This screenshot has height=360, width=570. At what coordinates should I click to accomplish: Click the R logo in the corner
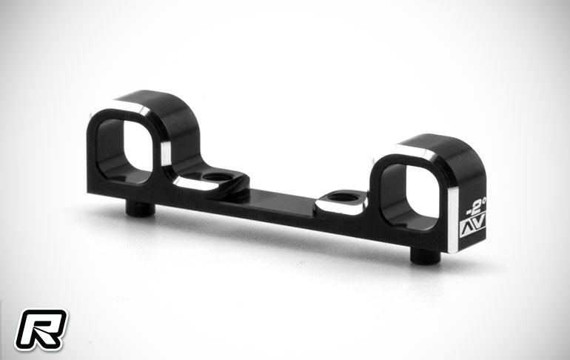[x=41, y=330]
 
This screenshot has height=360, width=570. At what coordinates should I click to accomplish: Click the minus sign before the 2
[x=469, y=211]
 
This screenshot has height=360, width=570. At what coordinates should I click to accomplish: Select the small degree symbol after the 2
[x=485, y=199]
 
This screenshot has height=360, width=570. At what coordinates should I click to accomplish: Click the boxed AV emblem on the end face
[x=473, y=228]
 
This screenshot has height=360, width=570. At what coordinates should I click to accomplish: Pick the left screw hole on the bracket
[x=218, y=178]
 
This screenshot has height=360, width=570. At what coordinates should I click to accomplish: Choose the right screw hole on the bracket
[x=343, y=198]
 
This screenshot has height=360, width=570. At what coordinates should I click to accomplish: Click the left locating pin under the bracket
[x=141, y=208]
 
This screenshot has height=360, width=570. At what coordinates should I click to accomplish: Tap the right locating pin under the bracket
[x=426, y=256]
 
